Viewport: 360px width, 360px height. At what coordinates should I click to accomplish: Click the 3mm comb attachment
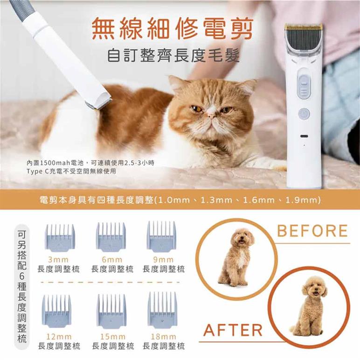60,238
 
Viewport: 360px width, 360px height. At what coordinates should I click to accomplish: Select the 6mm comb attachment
111,237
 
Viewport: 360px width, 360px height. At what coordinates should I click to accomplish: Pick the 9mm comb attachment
161,236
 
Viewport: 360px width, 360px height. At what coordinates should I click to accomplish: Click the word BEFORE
312,231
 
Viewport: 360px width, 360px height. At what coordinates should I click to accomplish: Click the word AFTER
233,330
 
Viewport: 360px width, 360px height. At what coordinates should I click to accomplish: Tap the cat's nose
210,112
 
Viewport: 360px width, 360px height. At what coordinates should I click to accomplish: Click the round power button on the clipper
304,114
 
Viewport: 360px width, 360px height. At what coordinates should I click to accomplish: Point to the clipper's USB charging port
304,136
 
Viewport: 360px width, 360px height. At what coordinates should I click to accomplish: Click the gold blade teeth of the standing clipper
304,27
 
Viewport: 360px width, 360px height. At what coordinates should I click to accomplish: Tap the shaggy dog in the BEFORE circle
236,257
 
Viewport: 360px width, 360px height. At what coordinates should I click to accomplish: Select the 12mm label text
59,337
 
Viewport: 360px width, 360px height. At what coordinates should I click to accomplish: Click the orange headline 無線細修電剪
172,29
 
